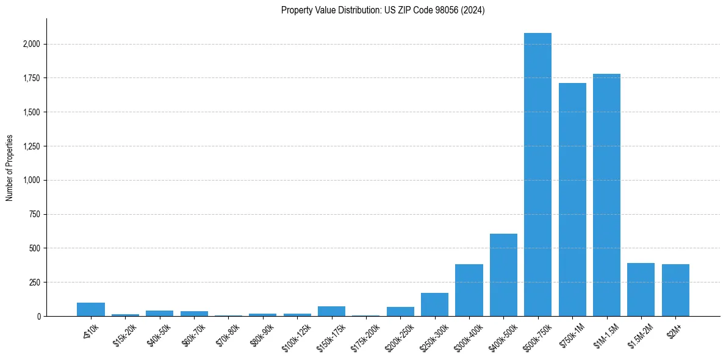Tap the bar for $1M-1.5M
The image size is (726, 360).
[x=606, y=195]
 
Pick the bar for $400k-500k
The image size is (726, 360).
[x=503, y=275]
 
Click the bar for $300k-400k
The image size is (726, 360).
[x=469, y=290]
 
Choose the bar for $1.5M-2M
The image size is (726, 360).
[x=641, y=290]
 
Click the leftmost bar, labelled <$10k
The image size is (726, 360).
[x=91, y=309]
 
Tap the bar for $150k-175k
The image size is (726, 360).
[x=331, y=311]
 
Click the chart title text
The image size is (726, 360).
[x=383, y=10]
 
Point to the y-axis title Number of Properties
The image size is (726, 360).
[x=10, y=167]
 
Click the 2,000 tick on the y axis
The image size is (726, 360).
[x=32, y=44]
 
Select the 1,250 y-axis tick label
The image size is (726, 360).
[x=32, y=146]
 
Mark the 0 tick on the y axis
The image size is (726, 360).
[x=38, y=316]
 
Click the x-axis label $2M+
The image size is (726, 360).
[x=675, y=329]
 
